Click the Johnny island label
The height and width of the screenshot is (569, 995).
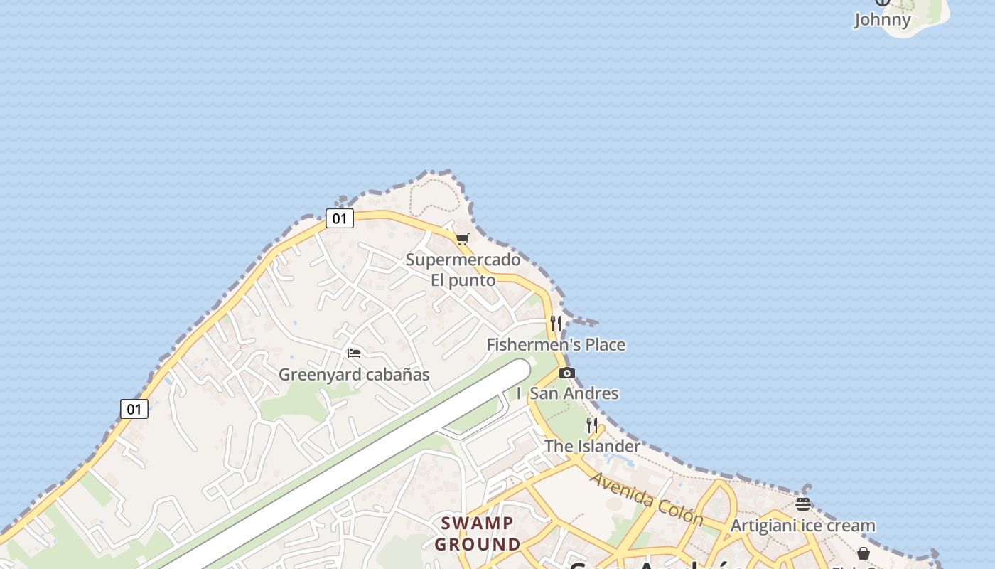pos(882,19)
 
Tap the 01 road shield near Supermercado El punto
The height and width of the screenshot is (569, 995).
pos(340,218)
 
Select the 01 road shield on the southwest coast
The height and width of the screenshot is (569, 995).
pos(134,409)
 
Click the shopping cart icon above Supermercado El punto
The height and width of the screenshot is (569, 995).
pos(463,239)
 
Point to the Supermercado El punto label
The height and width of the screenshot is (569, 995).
pos(463,270)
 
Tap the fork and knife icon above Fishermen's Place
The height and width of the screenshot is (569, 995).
pos(556,324)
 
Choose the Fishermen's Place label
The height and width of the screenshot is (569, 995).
pos(556,345)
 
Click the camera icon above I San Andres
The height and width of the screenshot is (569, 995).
pos(566,373)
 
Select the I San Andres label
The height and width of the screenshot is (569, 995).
pos(568,393)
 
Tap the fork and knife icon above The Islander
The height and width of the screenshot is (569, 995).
pos(591,425)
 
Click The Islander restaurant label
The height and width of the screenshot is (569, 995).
pos(592,446)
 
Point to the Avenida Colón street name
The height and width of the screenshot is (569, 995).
pos(646,499)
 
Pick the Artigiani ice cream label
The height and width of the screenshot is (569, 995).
pos(803,526)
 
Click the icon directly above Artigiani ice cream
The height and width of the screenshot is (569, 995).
pos(803,505)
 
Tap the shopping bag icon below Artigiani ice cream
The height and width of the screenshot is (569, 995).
pos(864,553)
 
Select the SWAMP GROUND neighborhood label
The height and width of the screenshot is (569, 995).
pos(478,533)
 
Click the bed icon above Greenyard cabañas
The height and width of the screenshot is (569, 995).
pos(354,353)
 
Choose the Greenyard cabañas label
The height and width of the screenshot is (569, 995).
pos(354,374)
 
